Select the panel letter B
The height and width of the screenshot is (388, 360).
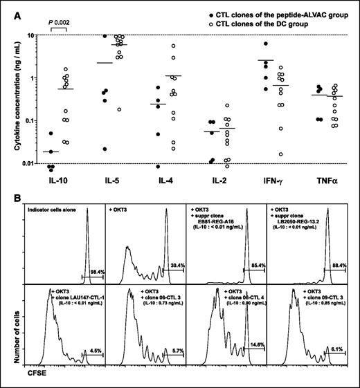(9, 196)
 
